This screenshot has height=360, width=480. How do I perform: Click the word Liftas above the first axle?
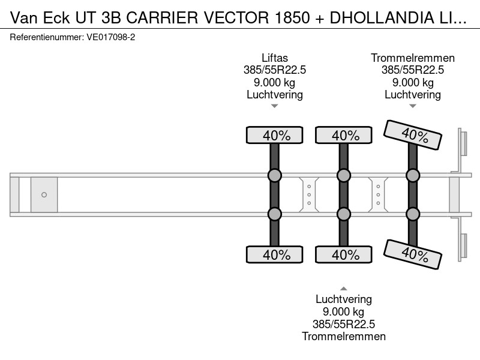click(275, 58)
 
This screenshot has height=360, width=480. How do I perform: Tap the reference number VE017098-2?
click(111, 37)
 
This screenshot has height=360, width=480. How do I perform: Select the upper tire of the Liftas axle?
click(275, 135)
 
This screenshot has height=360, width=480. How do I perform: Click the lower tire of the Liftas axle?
click(275, 254)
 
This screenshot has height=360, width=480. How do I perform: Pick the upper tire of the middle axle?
click(344, 135)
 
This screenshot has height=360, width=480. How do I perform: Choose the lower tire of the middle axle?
click(344, 254)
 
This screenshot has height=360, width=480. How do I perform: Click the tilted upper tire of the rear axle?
click(413, 135)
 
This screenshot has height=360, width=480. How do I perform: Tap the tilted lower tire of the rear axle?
click(413, 254)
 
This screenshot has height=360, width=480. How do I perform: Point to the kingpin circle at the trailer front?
click(44, 194)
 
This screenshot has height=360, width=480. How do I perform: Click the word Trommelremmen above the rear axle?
click(413, 58)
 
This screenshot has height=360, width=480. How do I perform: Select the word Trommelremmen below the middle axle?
click(344, 337)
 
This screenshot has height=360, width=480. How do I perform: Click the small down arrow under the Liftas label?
click(275, 106)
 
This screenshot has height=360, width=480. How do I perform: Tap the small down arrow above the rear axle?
click(413, 106)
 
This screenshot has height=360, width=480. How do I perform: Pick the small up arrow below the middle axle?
click(344, 289)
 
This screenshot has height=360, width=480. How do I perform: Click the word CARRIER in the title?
click(162, 18)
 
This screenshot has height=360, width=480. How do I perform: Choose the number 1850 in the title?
click(292, 18)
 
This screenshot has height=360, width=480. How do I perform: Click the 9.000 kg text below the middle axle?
click(344, 311)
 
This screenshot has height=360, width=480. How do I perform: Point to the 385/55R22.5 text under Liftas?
click(275, 70)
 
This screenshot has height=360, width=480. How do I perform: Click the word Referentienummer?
click(47, 37)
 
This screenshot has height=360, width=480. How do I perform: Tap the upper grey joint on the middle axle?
click(344, 175)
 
